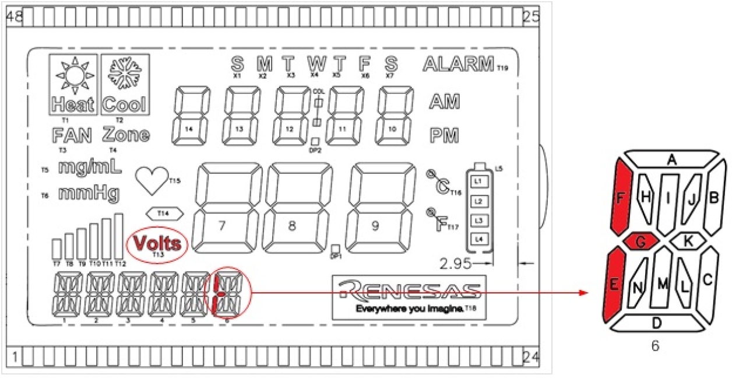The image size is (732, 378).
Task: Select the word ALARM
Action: coord(458,64)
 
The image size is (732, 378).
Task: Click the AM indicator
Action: coord(445,101)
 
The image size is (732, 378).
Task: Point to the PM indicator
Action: coord(445,135)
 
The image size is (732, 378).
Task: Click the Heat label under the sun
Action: coord(72,105)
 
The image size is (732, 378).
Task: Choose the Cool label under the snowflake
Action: coord(125,105)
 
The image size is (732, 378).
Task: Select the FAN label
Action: coord(72,135)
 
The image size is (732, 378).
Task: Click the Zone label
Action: coord(126,135)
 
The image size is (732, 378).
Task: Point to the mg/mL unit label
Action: coord(90,168)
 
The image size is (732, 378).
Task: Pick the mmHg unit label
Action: coord(89,193)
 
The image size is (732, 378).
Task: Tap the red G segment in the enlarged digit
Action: coord(640,241)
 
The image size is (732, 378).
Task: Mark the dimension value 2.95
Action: coord(455,264)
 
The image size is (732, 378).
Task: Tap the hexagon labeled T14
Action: coord(163,213)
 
